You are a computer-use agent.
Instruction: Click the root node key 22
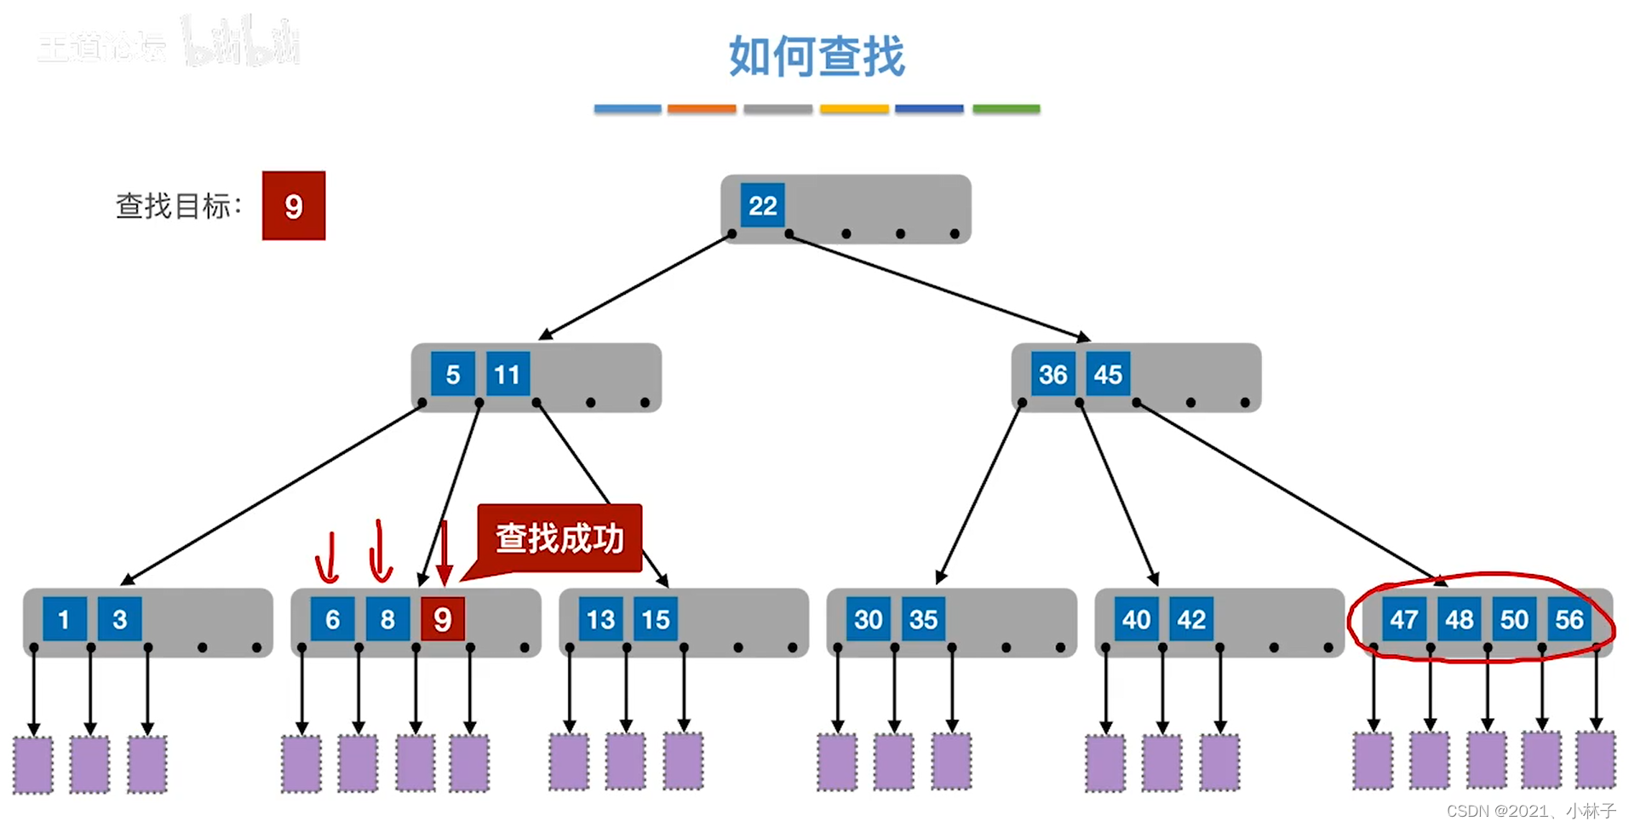coord(762,205)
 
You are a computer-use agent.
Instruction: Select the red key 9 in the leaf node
coord(442,619)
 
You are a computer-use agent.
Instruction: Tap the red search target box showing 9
coord(293,205)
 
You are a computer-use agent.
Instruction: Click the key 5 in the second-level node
coord(452,374)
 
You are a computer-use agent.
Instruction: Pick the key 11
coord(508,374)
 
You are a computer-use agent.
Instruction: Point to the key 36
coord(1053,374)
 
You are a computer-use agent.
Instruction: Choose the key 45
coord(1108,374)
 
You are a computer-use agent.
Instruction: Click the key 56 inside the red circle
coord(1569,619)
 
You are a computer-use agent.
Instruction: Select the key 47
coord(1403,619)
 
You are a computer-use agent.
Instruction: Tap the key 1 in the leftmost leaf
coord(64,619)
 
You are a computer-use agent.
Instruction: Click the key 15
coord(656,619)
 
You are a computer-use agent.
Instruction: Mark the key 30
coord(868,619)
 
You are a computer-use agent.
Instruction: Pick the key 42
coord(1191,619)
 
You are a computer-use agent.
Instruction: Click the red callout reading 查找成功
coord(559,538)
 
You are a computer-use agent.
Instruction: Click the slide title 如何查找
coord(816,56)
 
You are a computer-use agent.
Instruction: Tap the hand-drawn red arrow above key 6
coord(327,558)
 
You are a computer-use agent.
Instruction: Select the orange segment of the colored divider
coord(701,109)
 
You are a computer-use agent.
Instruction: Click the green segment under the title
coord(1006,109)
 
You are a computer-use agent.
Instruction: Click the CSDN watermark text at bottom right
coord(1530,811)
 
